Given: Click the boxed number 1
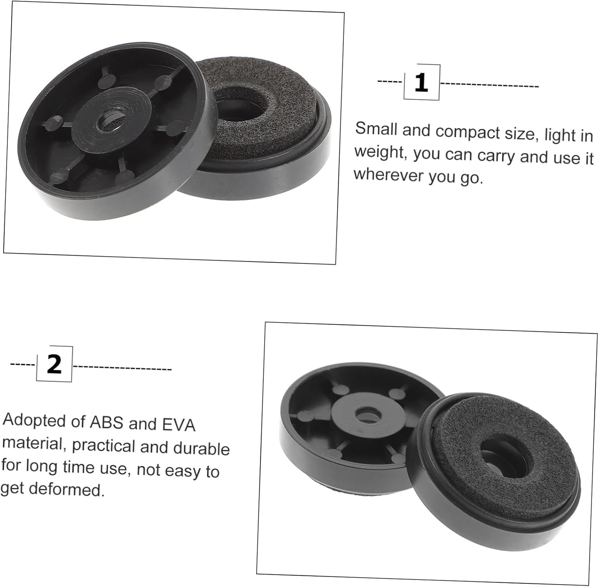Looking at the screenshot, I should tap(421, 83).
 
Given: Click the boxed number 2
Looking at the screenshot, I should tap(54, 364).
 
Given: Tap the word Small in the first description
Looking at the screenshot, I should tap(376, 129).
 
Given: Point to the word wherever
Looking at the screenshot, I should tap(388, 175).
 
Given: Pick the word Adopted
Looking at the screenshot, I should tap(33, 420).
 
